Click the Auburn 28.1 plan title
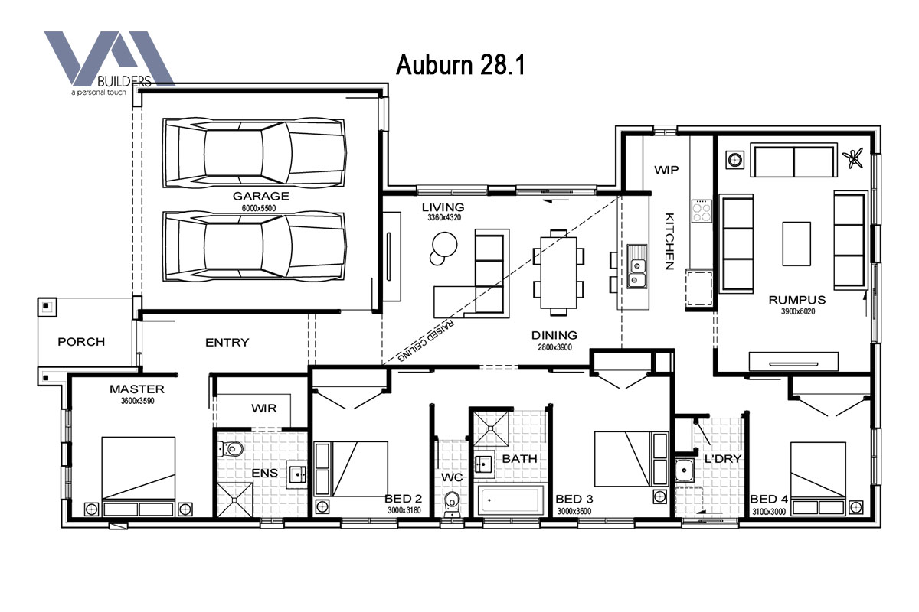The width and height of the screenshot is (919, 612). pyautogui.click(x=460, y=65)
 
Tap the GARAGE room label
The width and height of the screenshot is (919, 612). pyautogui.click(x=261, y=196)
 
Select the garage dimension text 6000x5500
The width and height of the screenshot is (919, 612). pyautogui.click(x=259, y=208)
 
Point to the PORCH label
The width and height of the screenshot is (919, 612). pyautogui.click(x=81, y=341)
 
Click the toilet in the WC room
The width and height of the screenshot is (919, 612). pyautogui.click(x=452, y=504)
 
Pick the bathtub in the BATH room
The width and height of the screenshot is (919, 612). pyautogui.click(x=511, y=500)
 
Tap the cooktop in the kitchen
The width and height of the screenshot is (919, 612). pyautogui.click(x=702, y=211)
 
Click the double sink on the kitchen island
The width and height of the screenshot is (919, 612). pyautogui.click(x=637, y=266)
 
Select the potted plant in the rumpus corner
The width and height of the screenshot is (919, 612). pyautogui.click(x=854, y=158)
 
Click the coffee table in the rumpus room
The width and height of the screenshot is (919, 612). pyautogui.click(x=796, y=244)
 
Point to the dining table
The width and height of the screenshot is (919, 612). pyautogui.click(x=558, y=272)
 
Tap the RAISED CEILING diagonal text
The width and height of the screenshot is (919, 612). pyautogui.click(x=427, y=341)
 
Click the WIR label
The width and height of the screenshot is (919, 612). pyautogui.click(x=263, y=409)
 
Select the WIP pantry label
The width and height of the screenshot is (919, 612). pyautogui.click(x=666, y=170)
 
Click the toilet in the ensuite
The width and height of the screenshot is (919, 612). pyautogui.click(x=231, y=449)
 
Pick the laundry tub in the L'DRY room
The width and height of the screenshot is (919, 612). pyautogui.click(x=685, y=470)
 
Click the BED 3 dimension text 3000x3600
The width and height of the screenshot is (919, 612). pyautogui.click(x=574, y=511)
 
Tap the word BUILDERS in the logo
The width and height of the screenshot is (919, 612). pyautogui.click(x=124, y=82)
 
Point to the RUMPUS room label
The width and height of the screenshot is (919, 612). pyautogui.click(x=797, y=300)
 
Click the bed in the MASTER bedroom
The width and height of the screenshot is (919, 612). pyautogui.click(x=139, y=477)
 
